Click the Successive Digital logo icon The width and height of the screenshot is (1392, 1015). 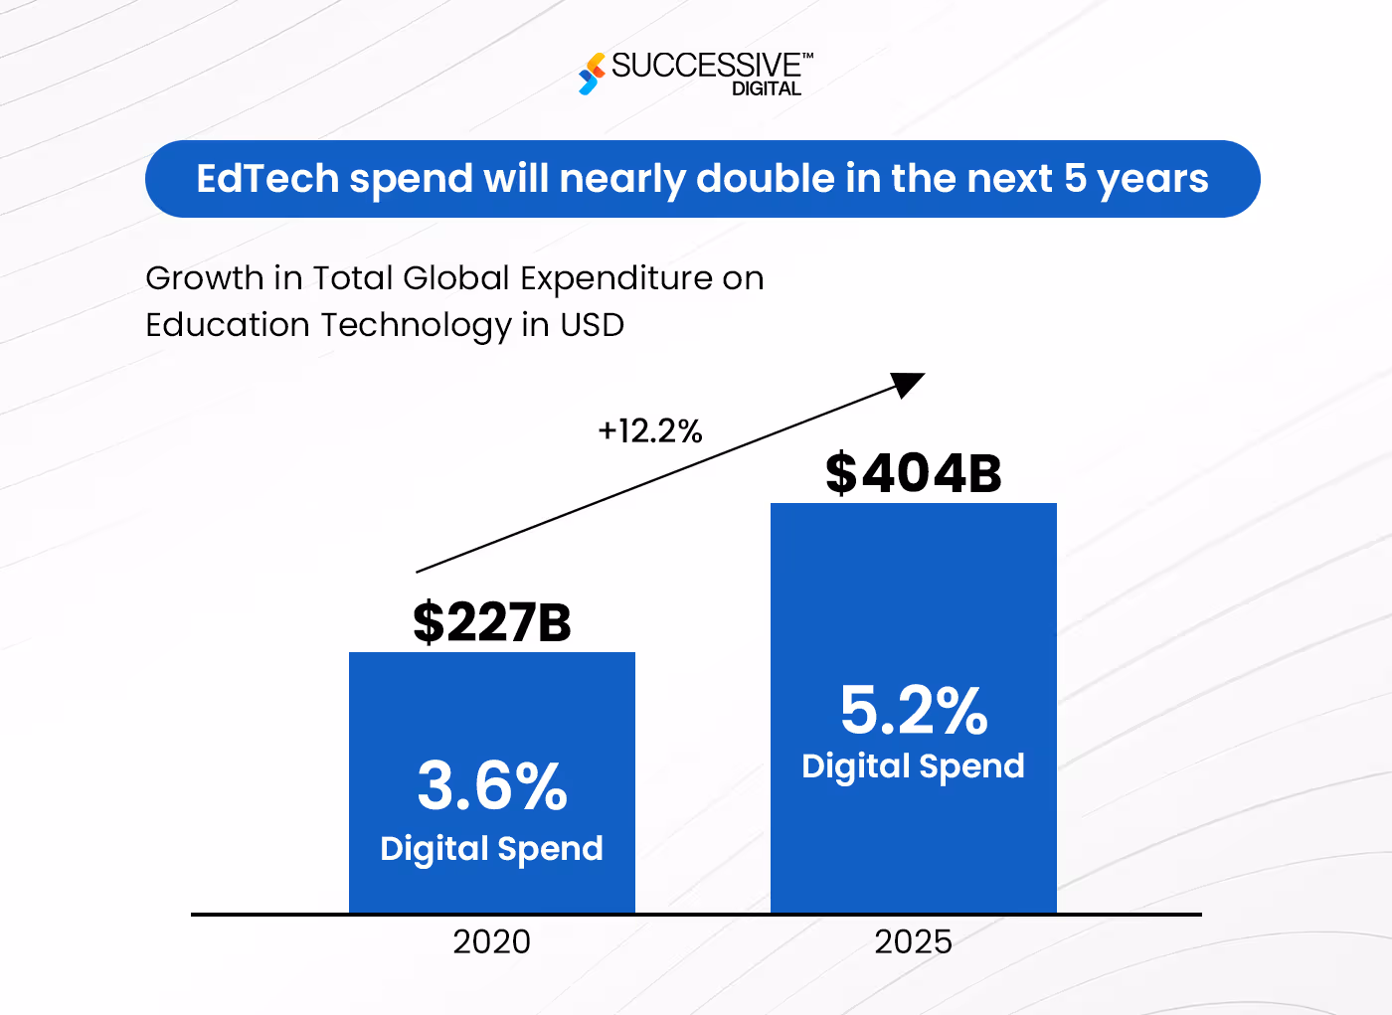pyautogui.click(x=592, y=75)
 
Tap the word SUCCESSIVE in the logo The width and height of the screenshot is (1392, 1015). pyautogui.click(x=706, y=66)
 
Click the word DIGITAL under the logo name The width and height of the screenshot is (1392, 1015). pyautogui.click(x=767, y=88)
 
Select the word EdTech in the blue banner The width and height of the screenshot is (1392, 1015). pyautogui.click(x=267, y=179)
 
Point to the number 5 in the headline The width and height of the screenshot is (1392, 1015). pyautogui.click(x=1075, y=179)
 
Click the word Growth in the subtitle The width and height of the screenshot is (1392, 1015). pyautogui.click(x=204, y=278)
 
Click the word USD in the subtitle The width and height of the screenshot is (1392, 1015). pyautogui.click(x=592, y=325)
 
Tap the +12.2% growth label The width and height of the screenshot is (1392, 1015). pyautogui.click(x=650, y=431)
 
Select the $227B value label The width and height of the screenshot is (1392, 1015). pyautogui.click(x=492, y=622)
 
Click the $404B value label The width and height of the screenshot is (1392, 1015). pyautogui.click(x=913, y=473)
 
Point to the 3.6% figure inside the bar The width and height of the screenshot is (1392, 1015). pyautogui.click(x=492, y=786)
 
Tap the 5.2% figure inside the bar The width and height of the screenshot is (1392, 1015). pyautogui.click(x=914, y=711)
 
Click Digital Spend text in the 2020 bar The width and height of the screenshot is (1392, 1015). pyautogui.click(x=492, y=849)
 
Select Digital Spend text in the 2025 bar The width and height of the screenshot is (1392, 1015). pyautogui.click(x=913, y=766)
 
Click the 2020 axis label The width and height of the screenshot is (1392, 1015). pyautogui.click(x=492, y=941)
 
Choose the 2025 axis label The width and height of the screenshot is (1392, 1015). pyautogui.click(x=913, y=941)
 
